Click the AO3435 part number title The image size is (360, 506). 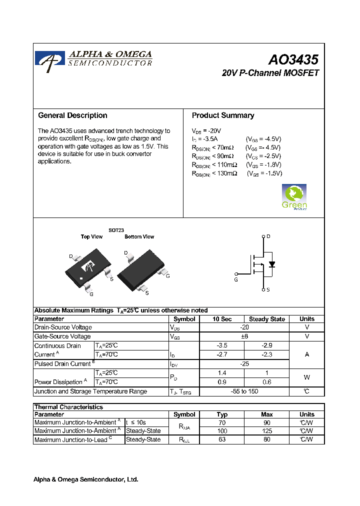(x=293, y=60)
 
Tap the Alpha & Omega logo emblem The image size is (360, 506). (x=49, y=59)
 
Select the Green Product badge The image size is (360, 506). (x=294, y=197)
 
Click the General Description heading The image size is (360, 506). (x=72, y=115)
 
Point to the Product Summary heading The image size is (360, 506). (x=223, y=115)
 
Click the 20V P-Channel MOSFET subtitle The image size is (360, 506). (x=270, y=73)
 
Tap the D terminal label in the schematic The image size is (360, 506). (x=268, y=236)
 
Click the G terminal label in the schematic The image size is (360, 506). (x=236, y=279)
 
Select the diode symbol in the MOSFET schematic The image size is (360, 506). (x=271, y=264)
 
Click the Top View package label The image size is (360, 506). (x=91, y=237)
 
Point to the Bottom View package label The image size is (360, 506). (x=139, y=237)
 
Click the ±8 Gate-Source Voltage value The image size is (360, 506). (x=244, y=336)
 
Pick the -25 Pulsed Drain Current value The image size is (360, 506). (x=244, y=364)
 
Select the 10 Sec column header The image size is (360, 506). (x=222, y=319)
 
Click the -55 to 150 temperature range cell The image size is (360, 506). (x=244, y=391)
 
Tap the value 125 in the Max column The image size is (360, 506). (x=267, y=430)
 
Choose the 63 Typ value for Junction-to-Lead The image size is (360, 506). (x=222, y=439)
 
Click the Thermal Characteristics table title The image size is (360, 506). (x=68, y=407)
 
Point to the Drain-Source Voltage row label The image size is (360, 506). (x=63, y=327)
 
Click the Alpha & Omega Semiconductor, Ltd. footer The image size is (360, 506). (x=85, y=479)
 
